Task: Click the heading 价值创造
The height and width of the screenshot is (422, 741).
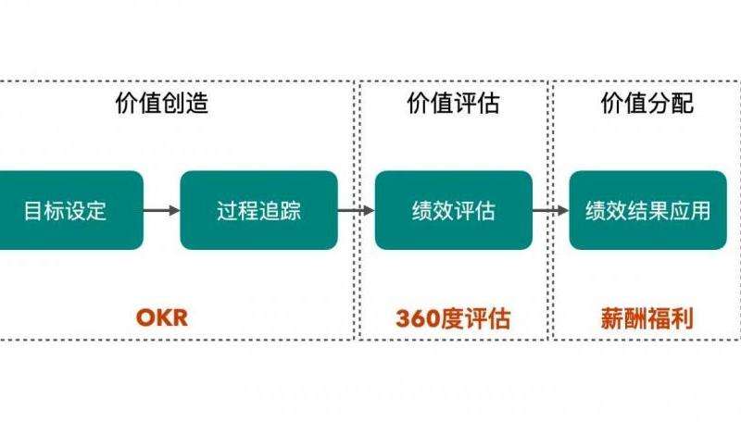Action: [161, 104]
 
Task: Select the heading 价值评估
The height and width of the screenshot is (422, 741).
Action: [453, 104]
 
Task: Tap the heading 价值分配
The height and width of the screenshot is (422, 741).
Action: [647, 104]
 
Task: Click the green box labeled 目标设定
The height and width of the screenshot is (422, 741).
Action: [67, 210]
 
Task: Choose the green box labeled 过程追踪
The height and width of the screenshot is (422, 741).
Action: [258, 210]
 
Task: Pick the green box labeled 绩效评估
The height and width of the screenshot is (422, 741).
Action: [453, 210]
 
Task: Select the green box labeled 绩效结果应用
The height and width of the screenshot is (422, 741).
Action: [647, 210]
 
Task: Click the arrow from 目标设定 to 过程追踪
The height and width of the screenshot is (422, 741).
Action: [162, 210]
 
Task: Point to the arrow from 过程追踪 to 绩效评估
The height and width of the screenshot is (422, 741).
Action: [356, 210]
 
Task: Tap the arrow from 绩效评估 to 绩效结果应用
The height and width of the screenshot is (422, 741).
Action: [550, 210]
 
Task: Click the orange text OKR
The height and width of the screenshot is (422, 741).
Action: [162, 318]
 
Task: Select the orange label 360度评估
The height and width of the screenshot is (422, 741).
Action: [453, 318]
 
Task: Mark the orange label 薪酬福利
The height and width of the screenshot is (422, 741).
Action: [647, 318]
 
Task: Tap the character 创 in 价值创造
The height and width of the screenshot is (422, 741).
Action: [173, 104]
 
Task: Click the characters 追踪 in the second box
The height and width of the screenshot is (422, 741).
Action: [280, 210]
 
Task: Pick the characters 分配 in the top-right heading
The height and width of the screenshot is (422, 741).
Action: [670, 104]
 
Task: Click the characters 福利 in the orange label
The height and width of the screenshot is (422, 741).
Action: [670, 318]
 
